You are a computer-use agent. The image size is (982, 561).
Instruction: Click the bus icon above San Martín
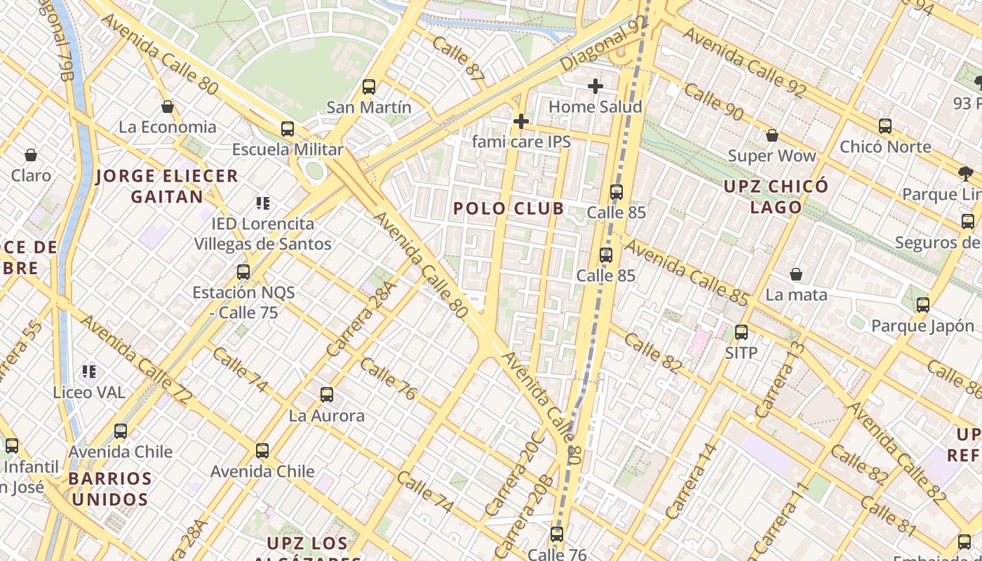[369, 87]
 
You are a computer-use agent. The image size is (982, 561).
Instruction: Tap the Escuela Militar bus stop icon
[288, 129]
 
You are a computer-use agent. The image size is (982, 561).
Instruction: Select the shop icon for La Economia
[168, 107]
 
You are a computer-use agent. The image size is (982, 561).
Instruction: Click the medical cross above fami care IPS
[520, 121]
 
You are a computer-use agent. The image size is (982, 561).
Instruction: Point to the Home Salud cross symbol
[596, 86]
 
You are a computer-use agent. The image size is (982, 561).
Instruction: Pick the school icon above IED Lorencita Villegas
[263, 203]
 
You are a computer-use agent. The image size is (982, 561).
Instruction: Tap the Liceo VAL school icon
[89, 371]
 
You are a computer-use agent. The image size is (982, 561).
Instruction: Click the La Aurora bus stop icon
[327, 395]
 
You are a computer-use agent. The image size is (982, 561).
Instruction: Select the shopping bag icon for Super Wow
[772, 135]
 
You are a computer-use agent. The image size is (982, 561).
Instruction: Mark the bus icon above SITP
[741, 332]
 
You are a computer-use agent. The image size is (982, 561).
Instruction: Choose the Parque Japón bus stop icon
[923, 305]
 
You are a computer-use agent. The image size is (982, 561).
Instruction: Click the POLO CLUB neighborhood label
[509, 208]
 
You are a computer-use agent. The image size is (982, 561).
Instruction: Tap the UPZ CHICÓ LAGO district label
[776, 196]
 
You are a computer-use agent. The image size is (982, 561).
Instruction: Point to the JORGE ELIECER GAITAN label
[167, 186]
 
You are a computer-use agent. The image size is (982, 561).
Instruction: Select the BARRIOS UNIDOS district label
[110, 489]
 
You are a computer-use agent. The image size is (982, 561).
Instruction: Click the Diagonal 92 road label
[603, 44]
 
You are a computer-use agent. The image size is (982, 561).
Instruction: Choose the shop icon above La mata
[796, 273]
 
